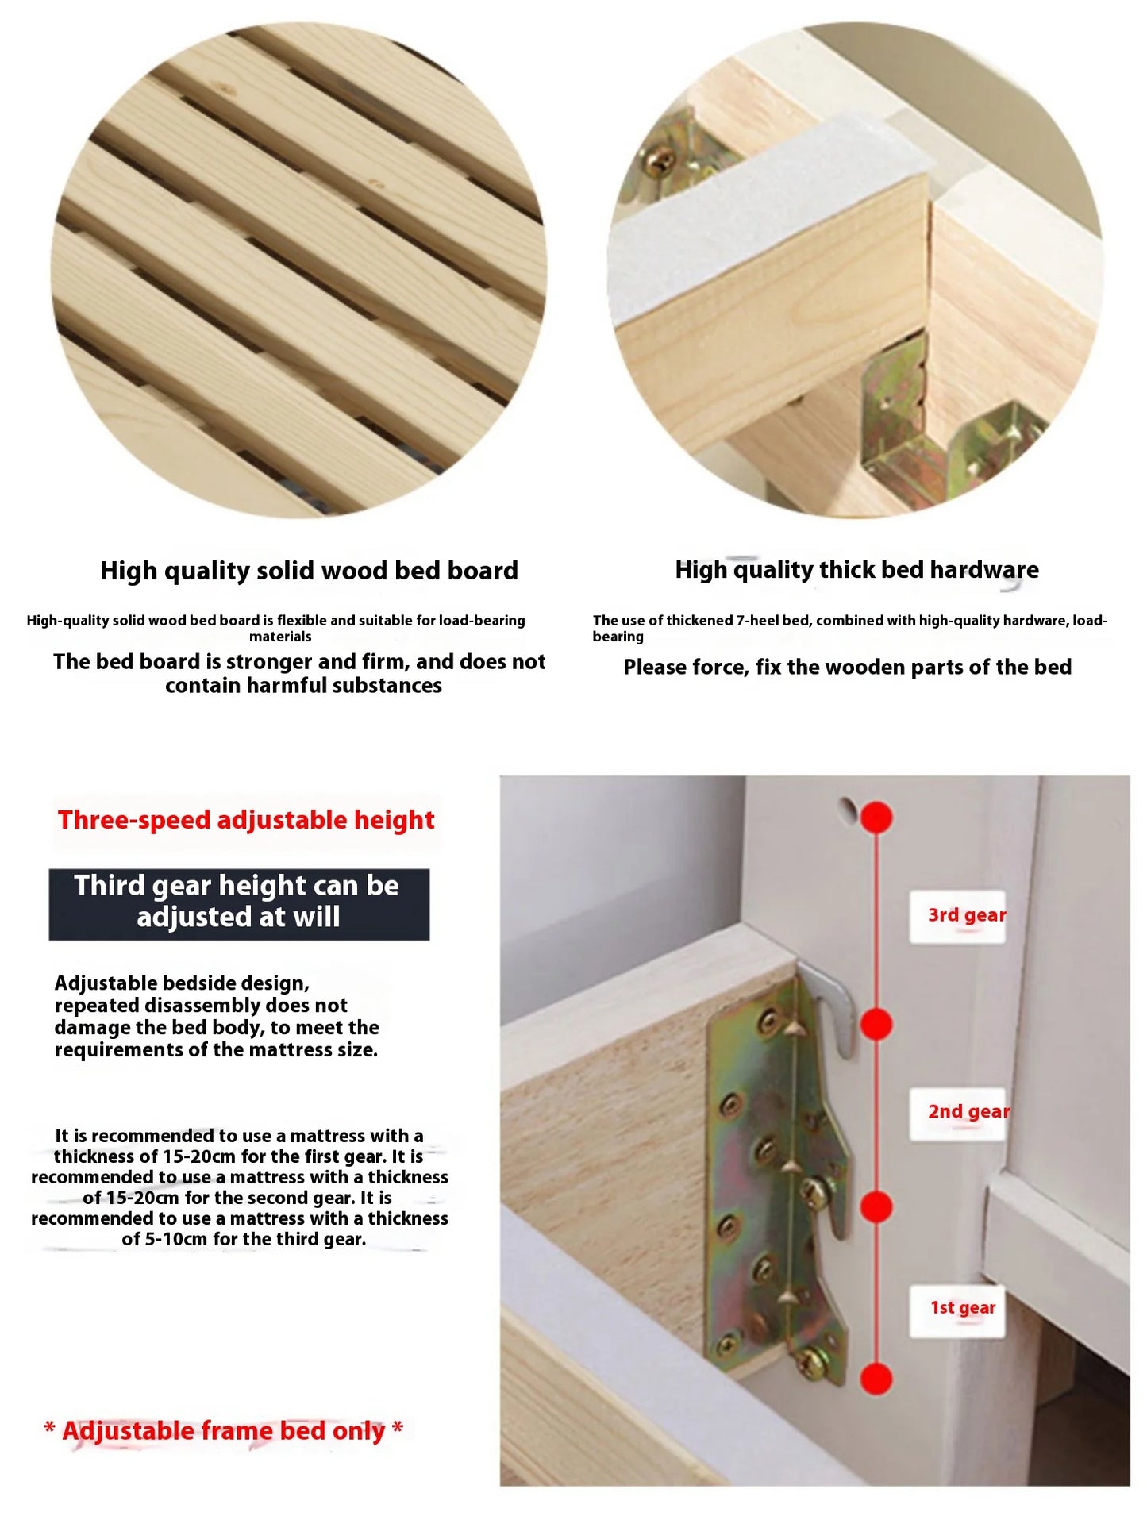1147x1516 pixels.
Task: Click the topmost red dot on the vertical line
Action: pyautogui.click(x=876, y=818)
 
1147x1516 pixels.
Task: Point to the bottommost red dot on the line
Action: pyautogui.click(x=876, y=1379)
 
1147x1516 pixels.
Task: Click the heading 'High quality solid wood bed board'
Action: pyautogui.click(x=309, y=571)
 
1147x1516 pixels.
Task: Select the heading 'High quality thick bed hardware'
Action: pyautogui.click(x=856, y=570)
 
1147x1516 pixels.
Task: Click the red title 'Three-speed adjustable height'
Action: pyautogui.click(x=246, y=820)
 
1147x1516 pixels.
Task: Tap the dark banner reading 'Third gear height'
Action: pyautogui.click(x=239, y=902)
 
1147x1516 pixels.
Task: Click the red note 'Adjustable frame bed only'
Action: pyautogui.click(x=224, y=1430)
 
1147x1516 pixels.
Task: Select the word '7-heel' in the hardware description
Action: pyautogui.click(x=759, y=621)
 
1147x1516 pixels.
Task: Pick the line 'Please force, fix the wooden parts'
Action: pyautogui.click(x=847, y=668)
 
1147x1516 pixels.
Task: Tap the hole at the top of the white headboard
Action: pyautogui.click(x=848, y=810)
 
